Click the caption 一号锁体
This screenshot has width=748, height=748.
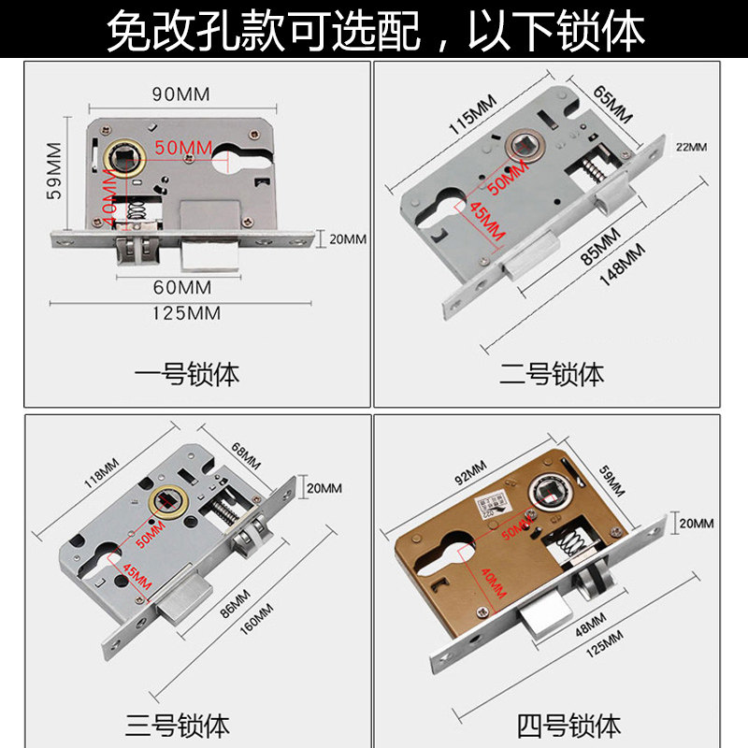tap(187, 375)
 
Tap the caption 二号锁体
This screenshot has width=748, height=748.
tap(552, 375)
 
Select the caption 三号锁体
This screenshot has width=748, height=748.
tap(178, 725)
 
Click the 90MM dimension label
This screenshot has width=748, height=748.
tap(180, 93)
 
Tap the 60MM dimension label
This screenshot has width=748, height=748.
tap(181, 286)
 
